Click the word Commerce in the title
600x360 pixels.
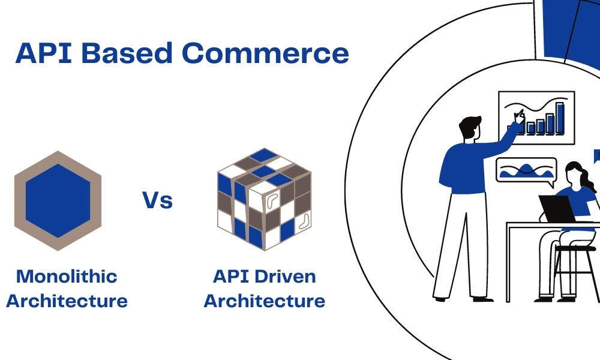(265, 53)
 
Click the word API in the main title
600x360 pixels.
(44, 53)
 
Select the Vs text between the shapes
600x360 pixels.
(157, 200)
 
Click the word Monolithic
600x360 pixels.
(67, 277)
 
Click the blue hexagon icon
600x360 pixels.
(58, 200)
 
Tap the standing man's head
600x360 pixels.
(470, 128)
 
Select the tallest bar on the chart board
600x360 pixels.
(559, 118)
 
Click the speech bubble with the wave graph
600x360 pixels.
(526, 169)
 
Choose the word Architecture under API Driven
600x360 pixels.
(265, 300)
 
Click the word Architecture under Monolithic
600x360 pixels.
(67, 300)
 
